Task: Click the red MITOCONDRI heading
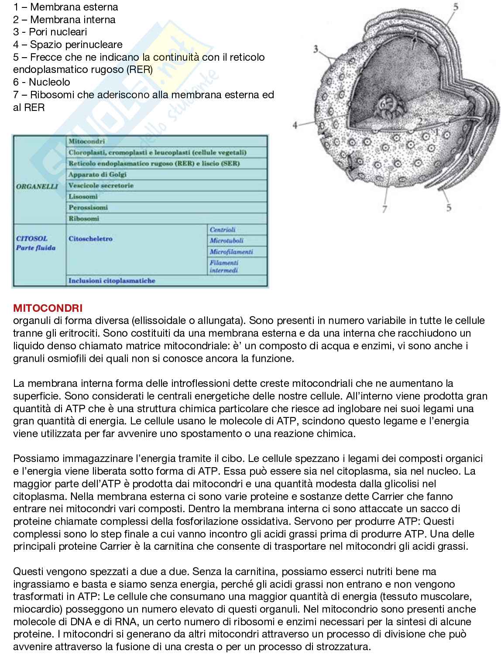41,308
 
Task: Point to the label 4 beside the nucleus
295,125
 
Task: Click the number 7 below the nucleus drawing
384,209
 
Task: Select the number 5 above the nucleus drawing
456,7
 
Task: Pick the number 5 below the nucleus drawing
449,208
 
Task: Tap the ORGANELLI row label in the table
37,186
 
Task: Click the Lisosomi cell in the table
83,197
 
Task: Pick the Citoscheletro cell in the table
90,239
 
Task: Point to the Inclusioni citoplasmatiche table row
112,281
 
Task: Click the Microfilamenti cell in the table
231,252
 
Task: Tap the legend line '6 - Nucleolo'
41,82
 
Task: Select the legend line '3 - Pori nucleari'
50,32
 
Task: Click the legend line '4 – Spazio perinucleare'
68,45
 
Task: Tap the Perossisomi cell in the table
88,208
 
